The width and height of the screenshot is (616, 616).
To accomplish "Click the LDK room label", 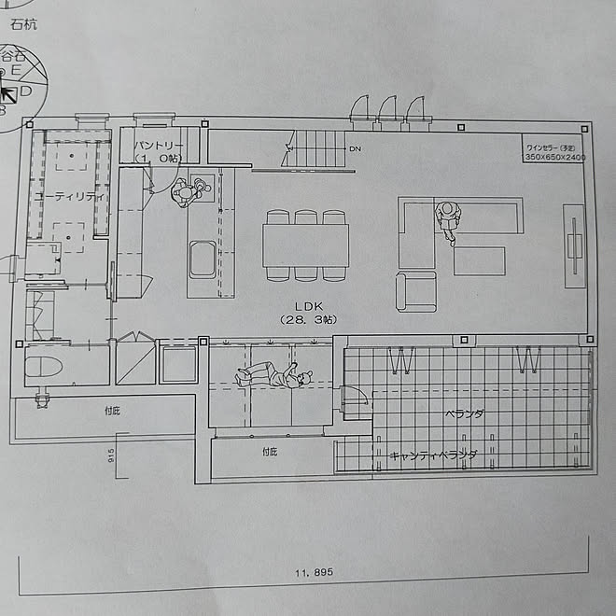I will coord(309,305).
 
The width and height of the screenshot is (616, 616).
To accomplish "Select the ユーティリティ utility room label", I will coord(67,197).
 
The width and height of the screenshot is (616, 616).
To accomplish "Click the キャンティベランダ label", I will coord(433,455).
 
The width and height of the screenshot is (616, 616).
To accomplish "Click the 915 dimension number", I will coord(110,455).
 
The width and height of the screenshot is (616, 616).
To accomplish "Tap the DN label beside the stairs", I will coord(355,149).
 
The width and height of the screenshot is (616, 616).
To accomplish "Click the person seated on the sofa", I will coord(448,219).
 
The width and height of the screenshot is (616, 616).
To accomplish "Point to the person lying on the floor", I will coord(272,377).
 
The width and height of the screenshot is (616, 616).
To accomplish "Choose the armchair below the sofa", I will coord(416,292).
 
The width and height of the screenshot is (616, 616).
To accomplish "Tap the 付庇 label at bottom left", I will coord(113,409).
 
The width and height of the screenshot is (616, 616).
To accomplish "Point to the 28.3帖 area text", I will coord(309,320).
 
